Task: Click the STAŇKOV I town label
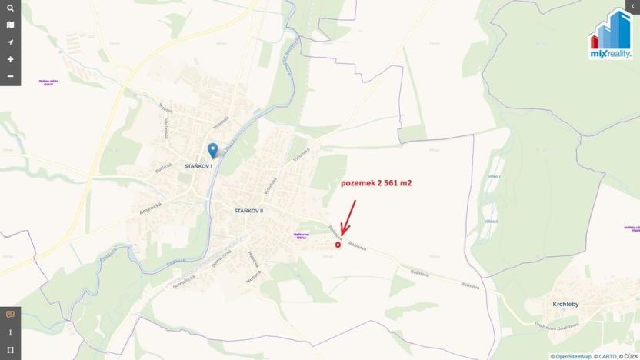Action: click(198, 165)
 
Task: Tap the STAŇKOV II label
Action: click(248, 210)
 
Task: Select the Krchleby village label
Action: click(565, 304)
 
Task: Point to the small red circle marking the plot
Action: click(338, 245)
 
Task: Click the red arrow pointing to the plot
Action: click(348, 217)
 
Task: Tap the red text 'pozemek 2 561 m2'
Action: click(376, 184)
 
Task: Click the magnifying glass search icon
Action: click(10, 8)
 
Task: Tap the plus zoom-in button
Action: click(10, 59)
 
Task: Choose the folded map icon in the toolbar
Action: click(10, 25)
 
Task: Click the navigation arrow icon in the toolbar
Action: click(10, 42)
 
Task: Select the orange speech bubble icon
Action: click(10, 315)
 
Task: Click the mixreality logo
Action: click(612, 34)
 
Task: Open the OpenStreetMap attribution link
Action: click(573, 356)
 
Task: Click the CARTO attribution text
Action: click(606, 356)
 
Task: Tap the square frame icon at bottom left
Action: click(10, 351)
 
